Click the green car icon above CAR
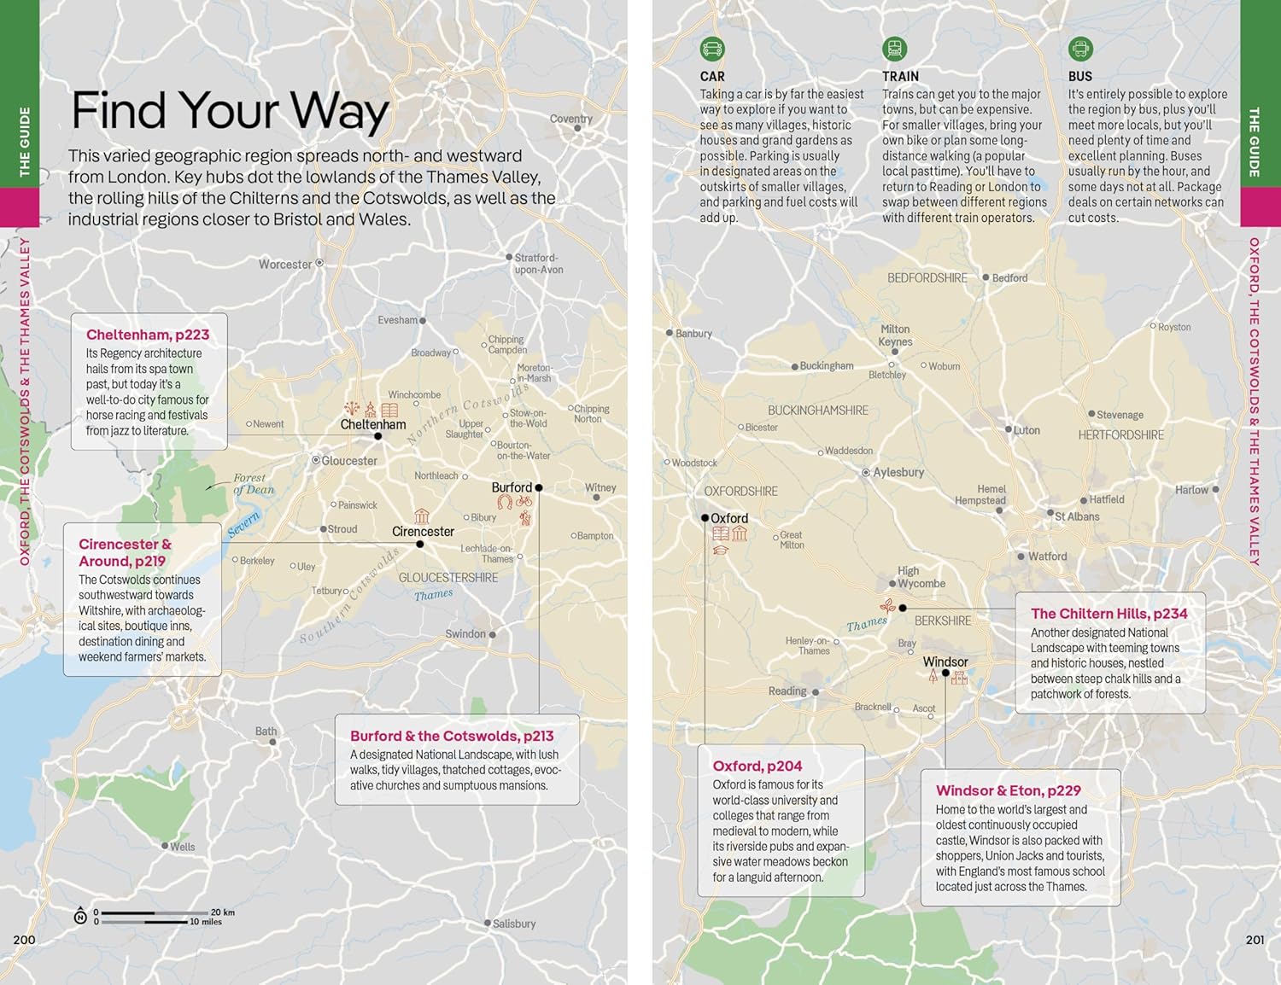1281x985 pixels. tap(711, 49)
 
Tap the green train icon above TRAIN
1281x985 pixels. tap(894, 49)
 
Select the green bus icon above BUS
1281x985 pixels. tap(1080, 49)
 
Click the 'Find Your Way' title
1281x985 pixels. tap(230, 111)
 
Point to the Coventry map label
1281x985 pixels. tap(570, 119)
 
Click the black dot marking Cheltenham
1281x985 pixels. tap(378, 436)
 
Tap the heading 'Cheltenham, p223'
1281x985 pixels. tap(148, 335)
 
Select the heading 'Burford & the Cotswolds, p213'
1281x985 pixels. tap(452, 736)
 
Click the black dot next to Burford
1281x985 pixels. tap(539, 487)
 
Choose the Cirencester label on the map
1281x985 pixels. tap(423, 531)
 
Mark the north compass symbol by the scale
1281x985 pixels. tap(80, 917)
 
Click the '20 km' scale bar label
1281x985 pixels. tap(223, 912)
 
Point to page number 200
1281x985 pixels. tap(24, 940)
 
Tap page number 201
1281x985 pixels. tap(1255, 940)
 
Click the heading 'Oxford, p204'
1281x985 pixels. tap(757, 766)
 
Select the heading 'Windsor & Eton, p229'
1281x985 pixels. tap(1008, 791)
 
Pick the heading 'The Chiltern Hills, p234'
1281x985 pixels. tap(1108, 614)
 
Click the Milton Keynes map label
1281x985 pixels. tap(895, 335)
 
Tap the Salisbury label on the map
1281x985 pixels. tap(514, 924)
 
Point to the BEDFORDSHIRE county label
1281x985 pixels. tap(927, 278)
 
